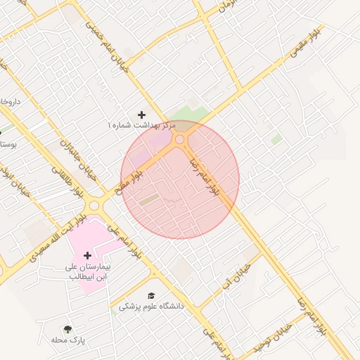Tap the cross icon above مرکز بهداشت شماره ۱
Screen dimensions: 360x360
(x=142, y=114)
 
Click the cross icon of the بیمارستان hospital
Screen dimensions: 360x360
(x=97, y=255)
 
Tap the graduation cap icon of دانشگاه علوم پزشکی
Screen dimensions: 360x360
(x=150, y=295)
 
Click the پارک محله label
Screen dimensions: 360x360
(x=67, y=340)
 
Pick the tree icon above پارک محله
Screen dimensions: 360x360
(x=67, y=328)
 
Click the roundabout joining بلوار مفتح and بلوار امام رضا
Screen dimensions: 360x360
(x=180, y=140)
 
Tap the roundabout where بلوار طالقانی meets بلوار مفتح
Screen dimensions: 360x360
(x=95, y=205)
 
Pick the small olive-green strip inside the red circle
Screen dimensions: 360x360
(x=148, y=200)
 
